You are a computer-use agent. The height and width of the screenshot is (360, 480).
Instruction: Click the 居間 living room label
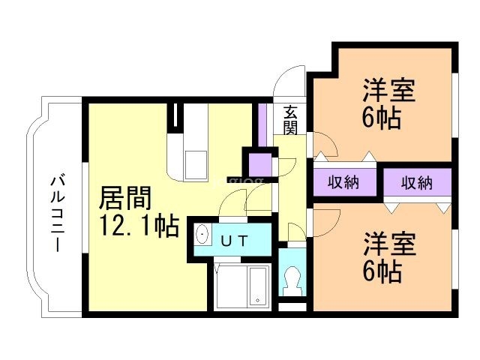coord(125,198)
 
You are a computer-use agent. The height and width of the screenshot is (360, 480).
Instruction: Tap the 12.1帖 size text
coord(139,226)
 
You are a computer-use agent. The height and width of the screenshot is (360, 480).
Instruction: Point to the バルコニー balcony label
coord(58,214)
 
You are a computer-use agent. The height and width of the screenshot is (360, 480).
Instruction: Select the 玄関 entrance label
coord(290,120)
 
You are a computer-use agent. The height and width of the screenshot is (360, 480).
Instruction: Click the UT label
coord(234,241)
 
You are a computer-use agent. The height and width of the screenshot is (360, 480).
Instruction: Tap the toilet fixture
coord(292,280)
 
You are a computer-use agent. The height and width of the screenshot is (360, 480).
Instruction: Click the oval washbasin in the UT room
coord(202,235)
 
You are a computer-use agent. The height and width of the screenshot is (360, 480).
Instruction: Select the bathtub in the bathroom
coord(259,286)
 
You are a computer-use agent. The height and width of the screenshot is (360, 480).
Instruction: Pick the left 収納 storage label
coord(343,183)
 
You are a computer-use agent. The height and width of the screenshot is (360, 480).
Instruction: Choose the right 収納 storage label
coord(417,183)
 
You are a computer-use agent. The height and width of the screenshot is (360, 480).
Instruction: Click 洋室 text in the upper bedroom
coord(389,90)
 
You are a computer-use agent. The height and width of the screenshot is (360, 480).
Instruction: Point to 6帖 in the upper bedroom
coord(382,118)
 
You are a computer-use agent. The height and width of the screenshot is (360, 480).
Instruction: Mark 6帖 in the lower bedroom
coord(382,271)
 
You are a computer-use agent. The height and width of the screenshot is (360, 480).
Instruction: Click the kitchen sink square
coord(195,164)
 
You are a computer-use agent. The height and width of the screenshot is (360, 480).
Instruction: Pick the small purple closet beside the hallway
coord(260,164)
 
